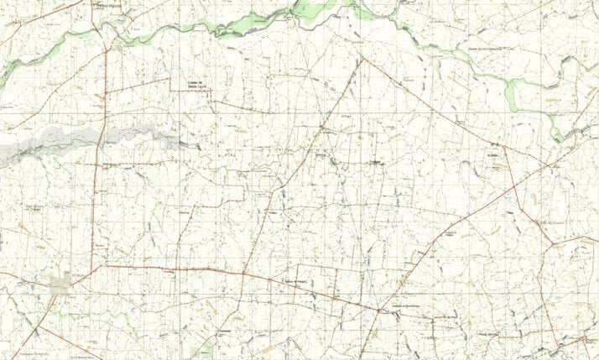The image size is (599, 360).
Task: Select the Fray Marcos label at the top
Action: pos(109,6)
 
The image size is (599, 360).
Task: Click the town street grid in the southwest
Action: pos(60,287)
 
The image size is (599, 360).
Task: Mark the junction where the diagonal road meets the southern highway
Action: pos(379,311)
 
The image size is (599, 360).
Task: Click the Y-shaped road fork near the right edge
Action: pos(551,245)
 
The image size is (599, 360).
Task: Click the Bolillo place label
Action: pos(492,157)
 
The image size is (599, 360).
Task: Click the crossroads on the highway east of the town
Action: pos(242,273)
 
